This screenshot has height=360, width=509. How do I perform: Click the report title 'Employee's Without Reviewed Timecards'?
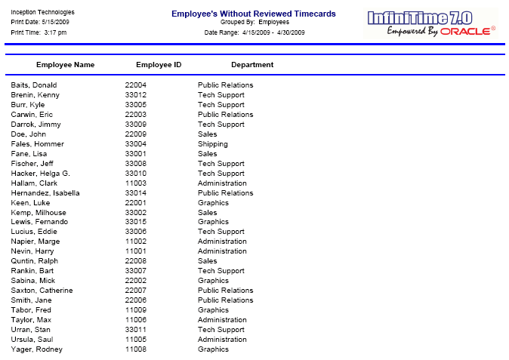coord(253,14)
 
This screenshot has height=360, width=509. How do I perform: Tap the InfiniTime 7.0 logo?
coord(430,23)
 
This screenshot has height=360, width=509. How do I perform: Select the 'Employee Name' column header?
coord(66,65)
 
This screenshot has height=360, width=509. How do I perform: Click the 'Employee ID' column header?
coord(159,65)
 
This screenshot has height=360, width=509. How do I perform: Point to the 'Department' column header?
coord(252,65)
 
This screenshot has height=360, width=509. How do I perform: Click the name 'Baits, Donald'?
coord(34,85)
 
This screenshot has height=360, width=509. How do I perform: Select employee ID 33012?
coord(136,95)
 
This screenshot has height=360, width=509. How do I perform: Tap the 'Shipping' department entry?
coord(212,144)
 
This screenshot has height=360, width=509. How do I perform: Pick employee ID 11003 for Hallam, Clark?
coord(136,183)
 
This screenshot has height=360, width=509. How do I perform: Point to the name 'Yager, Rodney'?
coord(37,349)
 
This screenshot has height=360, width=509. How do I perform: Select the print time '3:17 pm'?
coord(54,32)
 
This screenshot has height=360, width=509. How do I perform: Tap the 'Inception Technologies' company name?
coord(43,13)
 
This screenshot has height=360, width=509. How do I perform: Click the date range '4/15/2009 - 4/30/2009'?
coord(270,32)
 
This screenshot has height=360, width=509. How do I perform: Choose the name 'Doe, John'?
coord(29,134)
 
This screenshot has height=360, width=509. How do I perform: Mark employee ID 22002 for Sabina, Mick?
coord(136,281)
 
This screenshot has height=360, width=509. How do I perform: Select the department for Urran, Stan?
coord(221,330)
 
